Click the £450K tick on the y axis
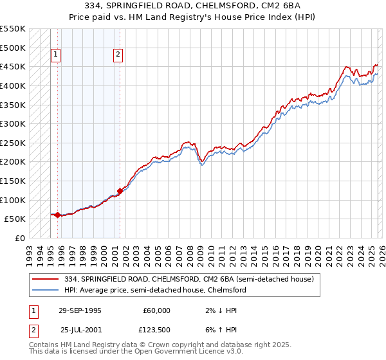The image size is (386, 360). tap(13, 66)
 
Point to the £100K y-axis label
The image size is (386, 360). tap(13, 200)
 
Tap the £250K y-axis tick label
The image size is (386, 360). tap(13, 143)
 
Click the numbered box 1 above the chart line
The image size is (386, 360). tap(56, 55)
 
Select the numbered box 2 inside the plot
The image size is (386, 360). tap(118, 55)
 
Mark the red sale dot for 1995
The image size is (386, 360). tap(58, 215)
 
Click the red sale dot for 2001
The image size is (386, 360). tap(120, 191)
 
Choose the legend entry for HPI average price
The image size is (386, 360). tap(152, 290)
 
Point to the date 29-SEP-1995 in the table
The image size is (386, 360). tap(80, 310)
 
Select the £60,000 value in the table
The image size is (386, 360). tap(156, 310)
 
